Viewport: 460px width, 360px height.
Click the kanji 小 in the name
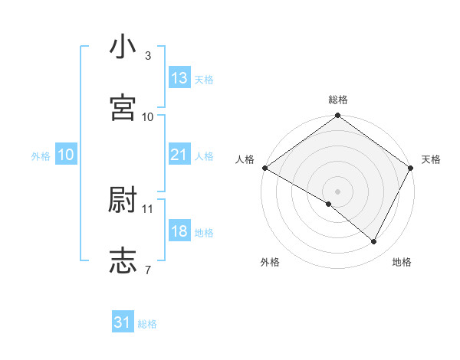click(x=123, y=47)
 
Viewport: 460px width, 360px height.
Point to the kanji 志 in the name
click(x=123, y=260)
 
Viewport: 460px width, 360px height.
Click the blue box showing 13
click(x=179, y=78)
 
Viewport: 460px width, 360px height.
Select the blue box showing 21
click(x=179, y=155)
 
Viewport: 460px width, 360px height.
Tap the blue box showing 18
click(x=179, y=231)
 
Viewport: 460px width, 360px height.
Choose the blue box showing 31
click(x=123, y=322)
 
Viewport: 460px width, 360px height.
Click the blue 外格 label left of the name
click(x=41, y=155)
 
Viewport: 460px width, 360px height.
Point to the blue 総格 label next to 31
click(x=147, y=324)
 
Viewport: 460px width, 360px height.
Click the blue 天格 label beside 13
click(x=204, y=80)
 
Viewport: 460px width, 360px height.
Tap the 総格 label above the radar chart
click(x=338, y=100)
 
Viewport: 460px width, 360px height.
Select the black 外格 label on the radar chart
click(x=270, y=262)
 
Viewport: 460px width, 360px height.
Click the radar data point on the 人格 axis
click(x=264, y=168)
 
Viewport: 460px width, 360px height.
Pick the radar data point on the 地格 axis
click(x=374, y=241)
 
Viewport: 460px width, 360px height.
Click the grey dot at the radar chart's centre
click(x=337, y=191)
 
